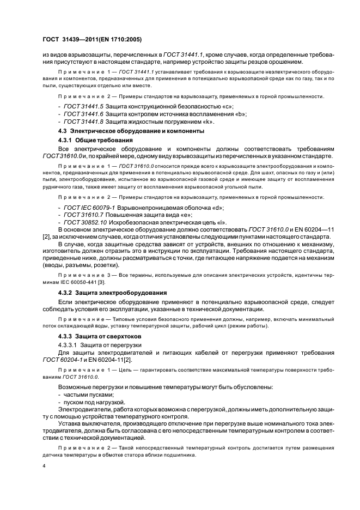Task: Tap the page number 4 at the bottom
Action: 44,466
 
